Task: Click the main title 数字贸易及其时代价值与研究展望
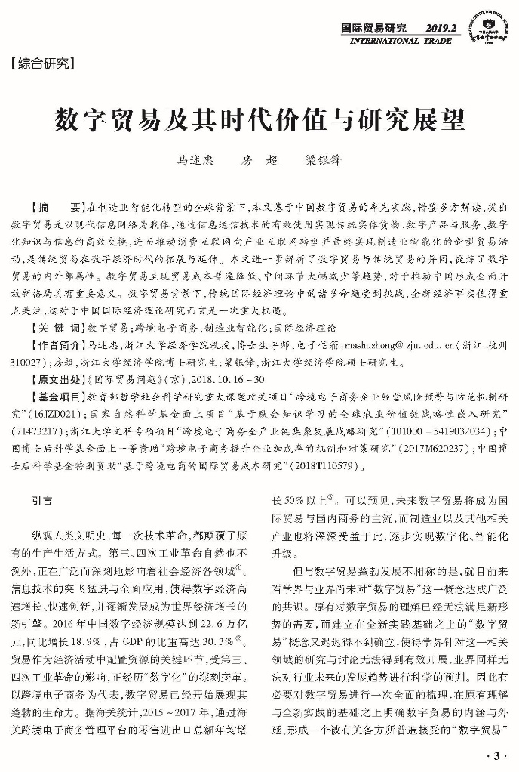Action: (x=259, y=119)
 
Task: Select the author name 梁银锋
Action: (x=323, y=161)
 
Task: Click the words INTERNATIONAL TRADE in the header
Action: (x=405, y=40)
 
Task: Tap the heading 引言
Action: (x=42, y=499)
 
